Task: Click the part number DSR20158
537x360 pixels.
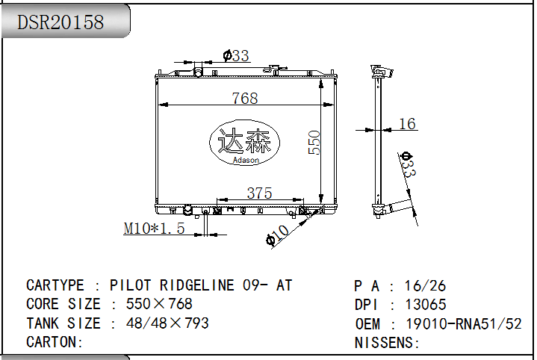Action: pyautogui.click(x=60, y=22)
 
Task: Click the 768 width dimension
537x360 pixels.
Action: pyautogui.click(x=244, y=99)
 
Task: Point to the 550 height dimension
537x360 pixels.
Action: pyautogui.click(x=314, y=143)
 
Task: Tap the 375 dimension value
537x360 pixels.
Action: pyautogui.click(x=259, y=193)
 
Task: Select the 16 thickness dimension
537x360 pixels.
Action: pyautogui.click(x=407, y=124)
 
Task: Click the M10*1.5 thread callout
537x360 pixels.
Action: pyautogui.click(x=154, y=229)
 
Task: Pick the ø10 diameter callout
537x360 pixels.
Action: pyautogui.click(x=277, y=235)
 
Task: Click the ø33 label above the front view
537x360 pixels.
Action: pyautogui.click(x=236, y=55)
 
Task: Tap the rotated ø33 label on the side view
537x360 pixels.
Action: pyautogui.click(x=408, y=165)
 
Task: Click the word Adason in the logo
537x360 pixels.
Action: pyautogui.click(x=246, y=160)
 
